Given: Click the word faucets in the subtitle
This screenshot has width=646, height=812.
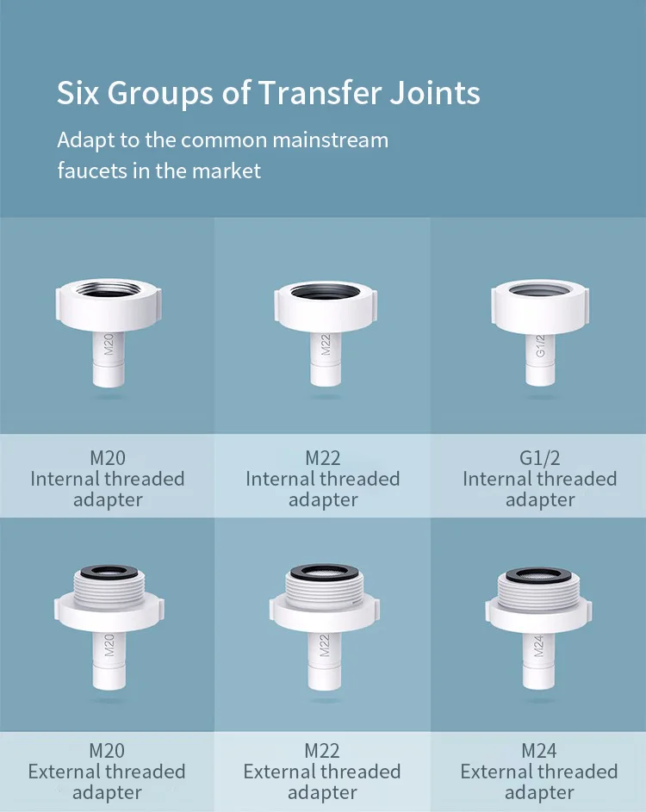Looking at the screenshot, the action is coord(92,170).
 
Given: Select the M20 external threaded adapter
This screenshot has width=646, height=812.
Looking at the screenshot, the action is coord(108,620).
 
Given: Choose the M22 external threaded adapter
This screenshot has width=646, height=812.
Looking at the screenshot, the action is coord(323,620).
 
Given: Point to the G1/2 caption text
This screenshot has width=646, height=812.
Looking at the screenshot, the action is coord(540,457).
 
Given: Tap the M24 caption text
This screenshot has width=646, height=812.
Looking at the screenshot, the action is coord(539,750).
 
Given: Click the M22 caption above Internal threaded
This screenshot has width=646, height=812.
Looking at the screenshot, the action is coord(322,457).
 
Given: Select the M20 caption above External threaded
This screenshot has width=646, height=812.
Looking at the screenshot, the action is coord(107,750).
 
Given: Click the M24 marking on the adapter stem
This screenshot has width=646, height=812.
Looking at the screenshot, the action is coord(538,645).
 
